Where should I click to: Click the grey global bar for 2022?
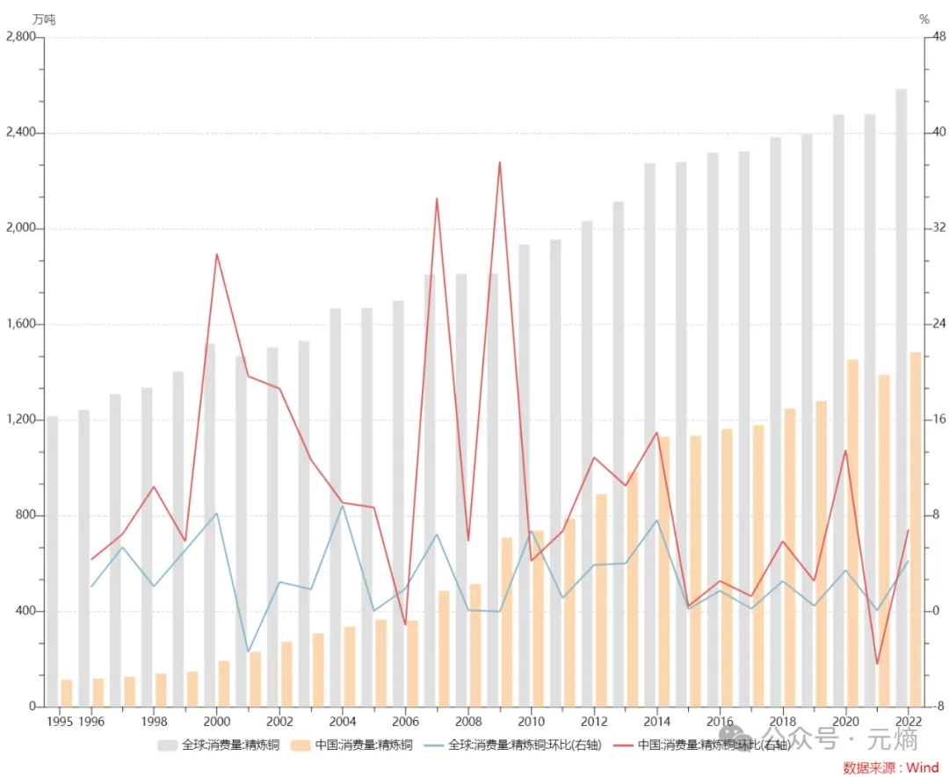[902, 395]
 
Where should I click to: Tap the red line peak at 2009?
[499, 162]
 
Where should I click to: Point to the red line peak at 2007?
[437, 198]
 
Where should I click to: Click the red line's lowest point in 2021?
[877, 664]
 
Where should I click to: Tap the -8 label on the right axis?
[938, 707]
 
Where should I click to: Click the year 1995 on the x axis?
[59, 721]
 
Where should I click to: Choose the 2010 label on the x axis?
[531, 721]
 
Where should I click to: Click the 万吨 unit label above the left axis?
[43, 18]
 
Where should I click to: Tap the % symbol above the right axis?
[924, 18]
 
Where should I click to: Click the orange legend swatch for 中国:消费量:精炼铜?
[301, 745]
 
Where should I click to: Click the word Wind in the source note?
[922, 767]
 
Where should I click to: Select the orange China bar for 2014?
[663, 571]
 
